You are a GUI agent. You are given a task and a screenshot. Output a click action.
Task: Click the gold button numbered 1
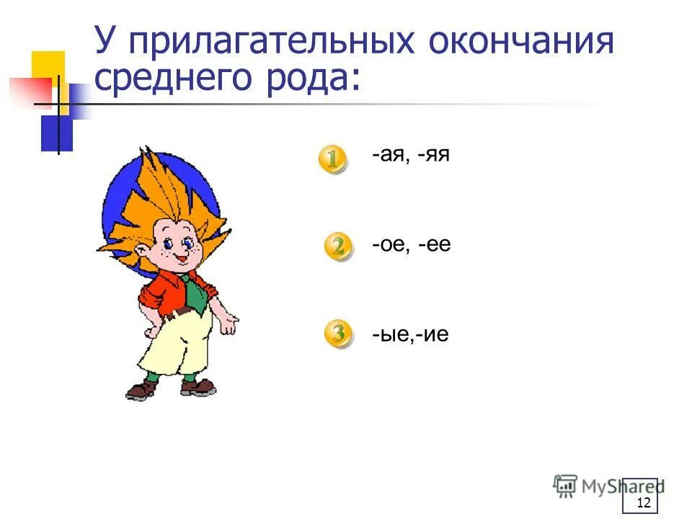click(x=332, y=159)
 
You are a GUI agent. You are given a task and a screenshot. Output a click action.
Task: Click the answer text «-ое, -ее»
click(x=412, y=245)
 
